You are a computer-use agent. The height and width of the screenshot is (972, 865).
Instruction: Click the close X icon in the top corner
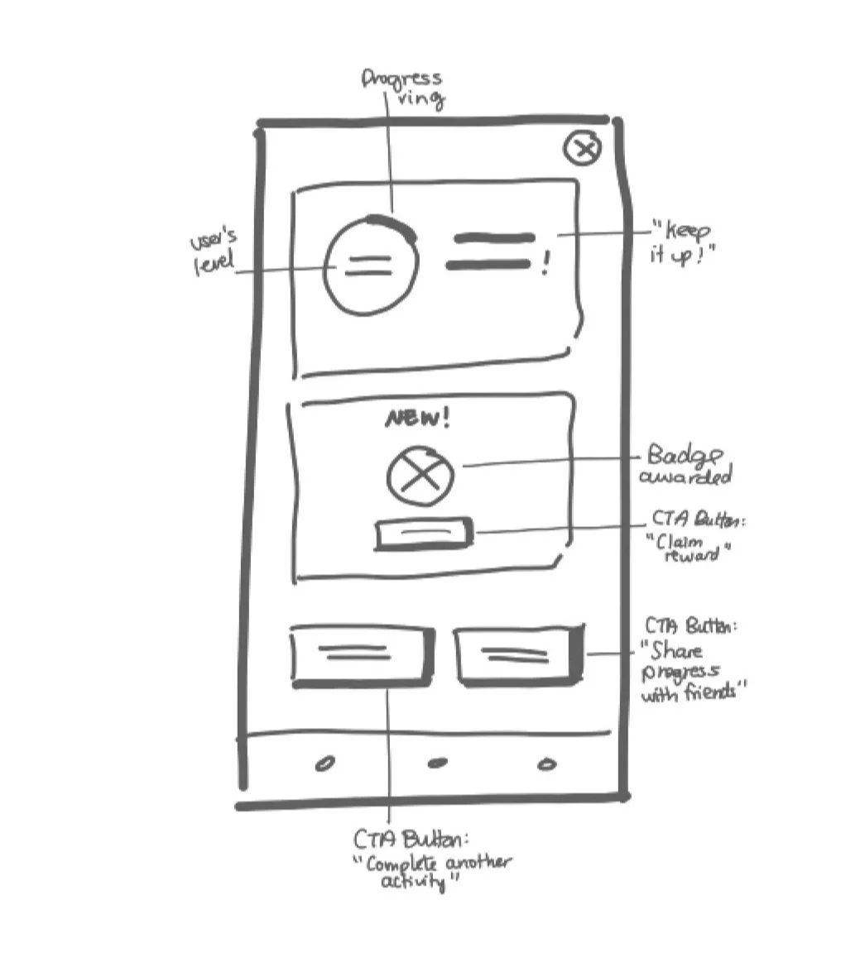[582, 149]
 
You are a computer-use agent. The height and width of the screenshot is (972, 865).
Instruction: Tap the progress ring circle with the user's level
[370, 266]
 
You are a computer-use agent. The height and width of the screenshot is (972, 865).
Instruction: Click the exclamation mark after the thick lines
[545, 265]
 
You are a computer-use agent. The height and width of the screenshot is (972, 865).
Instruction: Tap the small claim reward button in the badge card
[424, 534]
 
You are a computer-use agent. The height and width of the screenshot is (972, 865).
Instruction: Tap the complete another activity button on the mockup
[362, 656]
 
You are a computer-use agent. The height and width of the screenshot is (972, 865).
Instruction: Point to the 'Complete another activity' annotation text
[430, 862]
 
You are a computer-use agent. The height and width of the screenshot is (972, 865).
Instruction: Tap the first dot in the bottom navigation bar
[325, 764]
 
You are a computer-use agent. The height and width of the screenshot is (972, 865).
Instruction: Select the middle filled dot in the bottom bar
[436, 763]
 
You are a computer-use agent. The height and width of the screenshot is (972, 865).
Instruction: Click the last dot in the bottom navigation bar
[546, 764]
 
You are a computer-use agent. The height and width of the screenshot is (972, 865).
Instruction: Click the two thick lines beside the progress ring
[491, 251]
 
